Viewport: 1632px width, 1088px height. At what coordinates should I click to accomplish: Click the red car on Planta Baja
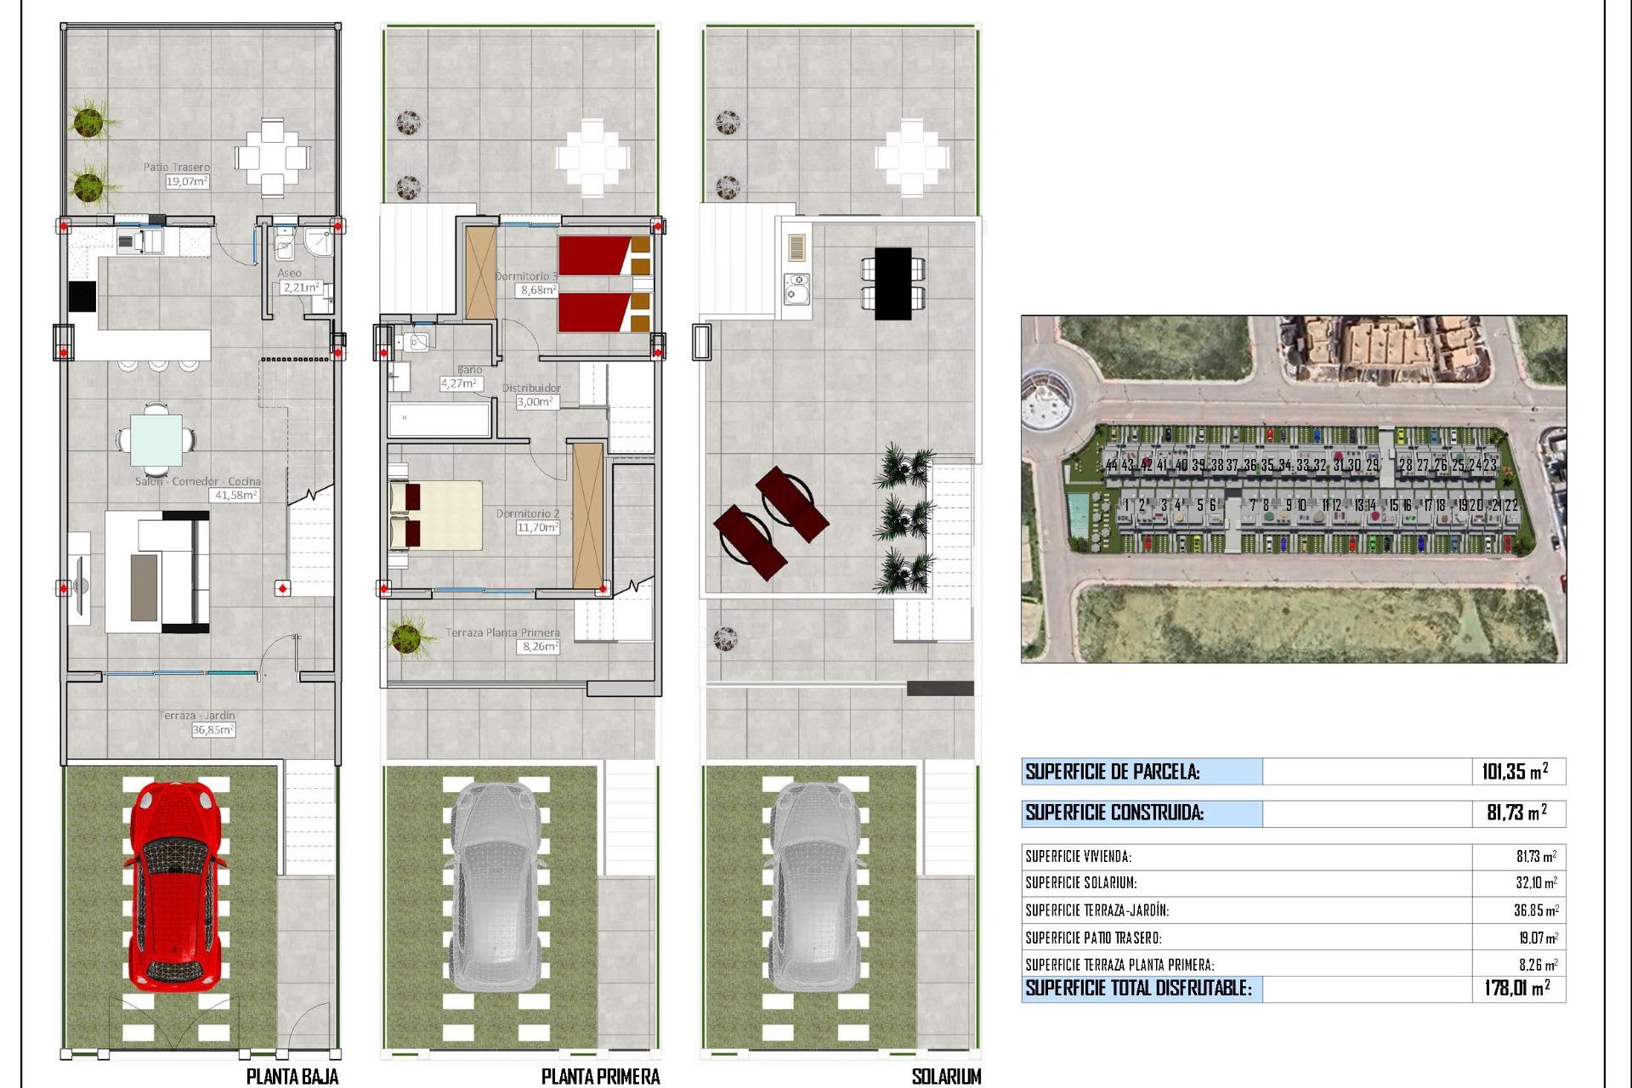point(176,888)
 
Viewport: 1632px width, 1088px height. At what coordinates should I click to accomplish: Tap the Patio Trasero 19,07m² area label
point(186,181)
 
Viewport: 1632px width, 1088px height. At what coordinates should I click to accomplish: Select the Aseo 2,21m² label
point(301,287)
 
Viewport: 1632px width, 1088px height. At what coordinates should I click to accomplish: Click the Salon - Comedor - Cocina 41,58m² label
point(235,495)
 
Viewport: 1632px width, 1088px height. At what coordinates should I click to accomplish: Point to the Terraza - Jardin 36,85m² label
point(212,729)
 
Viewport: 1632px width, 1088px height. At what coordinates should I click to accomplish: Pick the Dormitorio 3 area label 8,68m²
point(538,290)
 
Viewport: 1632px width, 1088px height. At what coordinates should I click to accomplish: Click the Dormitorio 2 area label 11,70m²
point(537,527)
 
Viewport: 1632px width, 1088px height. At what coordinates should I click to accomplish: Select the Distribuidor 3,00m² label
point(537,401)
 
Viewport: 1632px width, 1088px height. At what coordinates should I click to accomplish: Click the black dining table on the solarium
point(892,283)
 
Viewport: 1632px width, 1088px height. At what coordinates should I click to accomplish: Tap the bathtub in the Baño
point(439,420)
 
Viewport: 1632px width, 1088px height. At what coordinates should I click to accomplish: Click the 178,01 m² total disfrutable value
point(1516,988)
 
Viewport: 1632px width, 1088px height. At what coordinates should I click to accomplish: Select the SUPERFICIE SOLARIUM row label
point(1080,883)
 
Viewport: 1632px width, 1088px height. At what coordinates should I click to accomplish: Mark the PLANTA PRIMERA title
point(600,1076)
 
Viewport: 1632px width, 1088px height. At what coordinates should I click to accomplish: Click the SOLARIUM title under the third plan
point(945,1076)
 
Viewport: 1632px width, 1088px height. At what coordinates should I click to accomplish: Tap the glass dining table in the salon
point(156,439)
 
